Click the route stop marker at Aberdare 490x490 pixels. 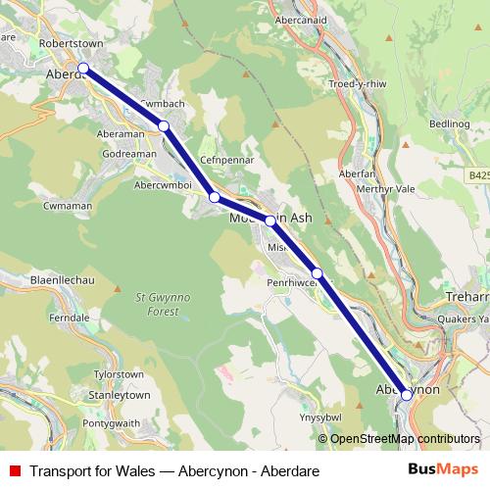83,68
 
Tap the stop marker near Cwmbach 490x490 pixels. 164,125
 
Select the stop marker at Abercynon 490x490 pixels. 406,395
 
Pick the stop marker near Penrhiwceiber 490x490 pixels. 317,273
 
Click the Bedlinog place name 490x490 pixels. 450,124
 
